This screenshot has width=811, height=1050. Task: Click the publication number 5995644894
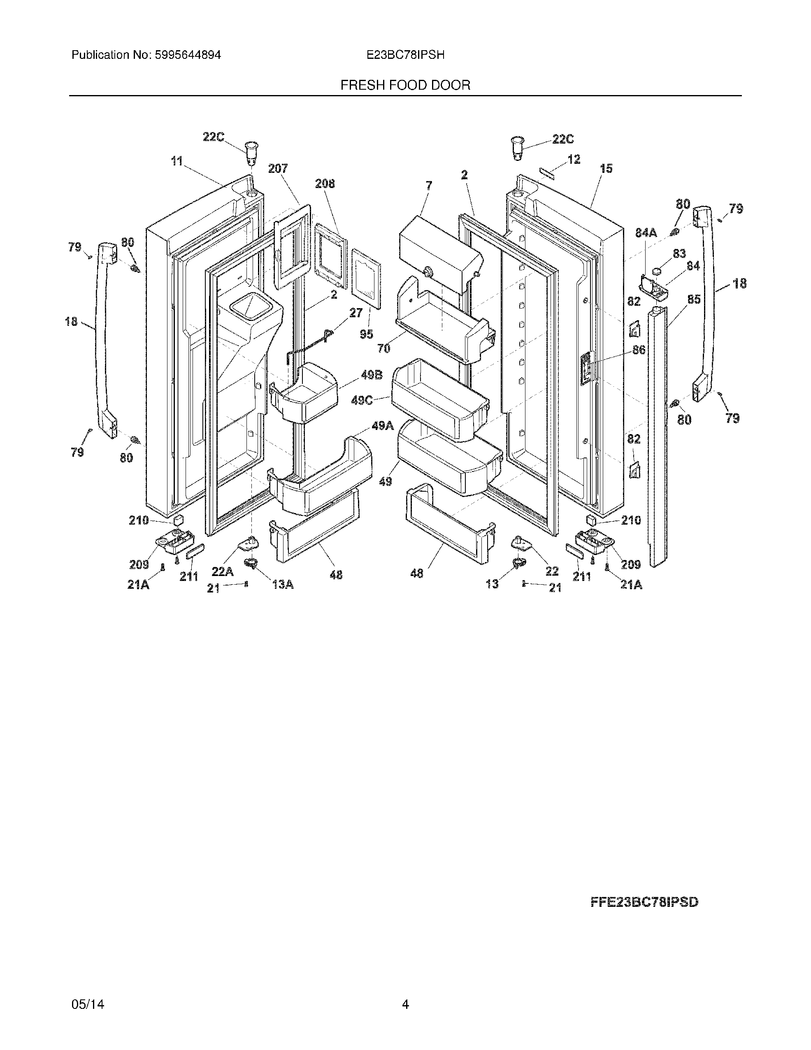[x=188, y=55]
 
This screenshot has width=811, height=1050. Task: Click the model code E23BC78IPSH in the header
[x=405, y=55]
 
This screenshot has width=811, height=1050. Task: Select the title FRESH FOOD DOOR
[x=405, y=85]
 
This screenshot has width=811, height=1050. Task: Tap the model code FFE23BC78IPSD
[x=644, y=902]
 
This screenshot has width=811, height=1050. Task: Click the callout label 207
[x=278, y=168]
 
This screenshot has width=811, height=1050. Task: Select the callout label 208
[x=325, y=184]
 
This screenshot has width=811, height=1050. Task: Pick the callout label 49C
[x=362, y=400]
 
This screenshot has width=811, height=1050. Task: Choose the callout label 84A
[x=646, y=233]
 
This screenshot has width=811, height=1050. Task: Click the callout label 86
[x=639, y=349]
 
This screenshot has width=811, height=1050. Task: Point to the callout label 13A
[x=283, y=584]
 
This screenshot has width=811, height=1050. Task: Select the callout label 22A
[x=223, y=571]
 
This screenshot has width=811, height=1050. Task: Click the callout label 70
[x=383, y=348]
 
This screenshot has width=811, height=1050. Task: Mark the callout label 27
[x=356, y=313]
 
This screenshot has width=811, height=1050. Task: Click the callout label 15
[x=606, y=168]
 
